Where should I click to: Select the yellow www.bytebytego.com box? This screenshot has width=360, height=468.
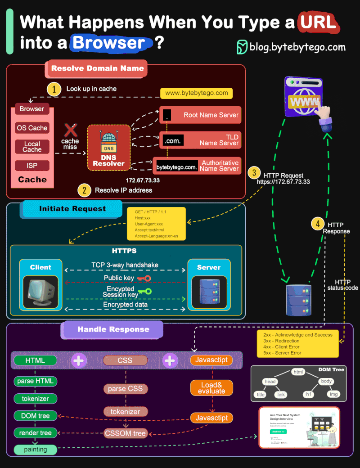point(197,93)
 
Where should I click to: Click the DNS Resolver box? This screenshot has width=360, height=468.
point(108,147)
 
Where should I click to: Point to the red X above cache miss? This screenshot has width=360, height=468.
point(70,130)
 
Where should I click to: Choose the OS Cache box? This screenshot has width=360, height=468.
point(32,128)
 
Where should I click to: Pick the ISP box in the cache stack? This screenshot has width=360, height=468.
point(32,166)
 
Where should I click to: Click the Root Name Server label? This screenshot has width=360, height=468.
point(211,115)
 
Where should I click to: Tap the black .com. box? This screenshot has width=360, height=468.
point(172,141)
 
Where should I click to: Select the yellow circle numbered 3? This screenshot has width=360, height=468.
point(254,172)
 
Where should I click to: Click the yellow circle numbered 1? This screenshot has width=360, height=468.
point(54,89)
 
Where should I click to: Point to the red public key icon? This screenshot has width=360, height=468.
point(144,279)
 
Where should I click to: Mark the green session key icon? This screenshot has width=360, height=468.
point(145,292)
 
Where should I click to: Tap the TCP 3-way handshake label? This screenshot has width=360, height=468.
point(125,265)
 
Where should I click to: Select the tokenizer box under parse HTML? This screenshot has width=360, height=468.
point(35,399)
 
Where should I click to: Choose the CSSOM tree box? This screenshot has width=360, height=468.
point(125,433)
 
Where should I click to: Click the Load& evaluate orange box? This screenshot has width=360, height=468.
point(211,388)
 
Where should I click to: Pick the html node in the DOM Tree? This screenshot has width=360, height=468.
point(298,372)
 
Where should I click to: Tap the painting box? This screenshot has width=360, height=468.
point(35,450)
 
